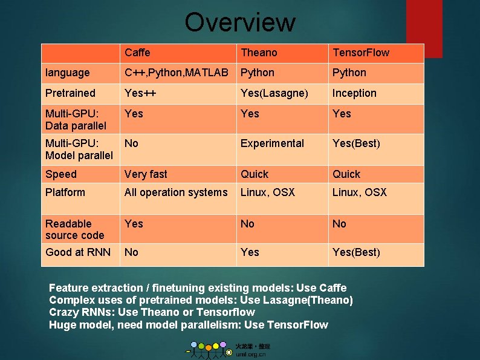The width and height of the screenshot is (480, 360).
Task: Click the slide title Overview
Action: [240, 22]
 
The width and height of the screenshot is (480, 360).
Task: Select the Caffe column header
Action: [137, 53]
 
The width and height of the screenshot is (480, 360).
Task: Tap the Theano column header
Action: [259, 53]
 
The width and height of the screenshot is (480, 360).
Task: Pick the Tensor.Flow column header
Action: [361, 53]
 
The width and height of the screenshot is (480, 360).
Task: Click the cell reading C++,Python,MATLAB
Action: [177, 73]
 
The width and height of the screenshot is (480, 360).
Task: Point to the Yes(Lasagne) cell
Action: [274, 93]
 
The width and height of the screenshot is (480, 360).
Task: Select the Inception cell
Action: [354, 93]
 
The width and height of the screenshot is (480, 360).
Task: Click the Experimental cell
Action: [272, 143]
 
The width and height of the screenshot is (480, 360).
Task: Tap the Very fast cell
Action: [146, 174]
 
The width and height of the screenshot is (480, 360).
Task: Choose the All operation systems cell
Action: [176, 192]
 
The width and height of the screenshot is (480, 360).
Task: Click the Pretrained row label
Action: [70, 93]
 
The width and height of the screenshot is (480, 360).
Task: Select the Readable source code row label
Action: [74, 229]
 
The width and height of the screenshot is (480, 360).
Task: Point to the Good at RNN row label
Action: [78, 252]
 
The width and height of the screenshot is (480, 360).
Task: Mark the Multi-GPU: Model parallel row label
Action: [79, 149]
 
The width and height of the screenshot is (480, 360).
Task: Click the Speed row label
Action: [61, 174]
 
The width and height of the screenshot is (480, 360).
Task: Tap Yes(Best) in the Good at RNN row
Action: [356, 252]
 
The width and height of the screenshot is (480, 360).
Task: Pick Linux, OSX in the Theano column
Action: [267, 192]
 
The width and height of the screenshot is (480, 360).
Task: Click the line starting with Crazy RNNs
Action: [152, 312]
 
